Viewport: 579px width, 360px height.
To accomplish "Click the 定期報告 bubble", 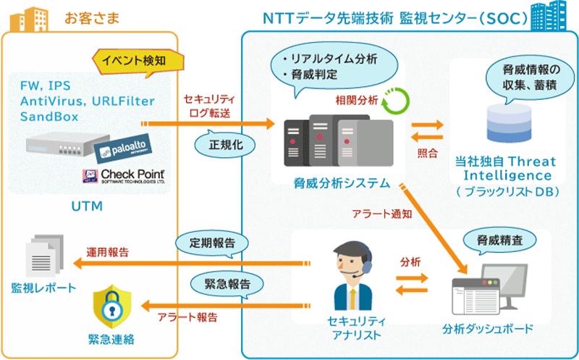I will [x=212, y=242].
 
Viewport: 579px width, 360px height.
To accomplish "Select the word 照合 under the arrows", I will [x=428, y=154].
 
